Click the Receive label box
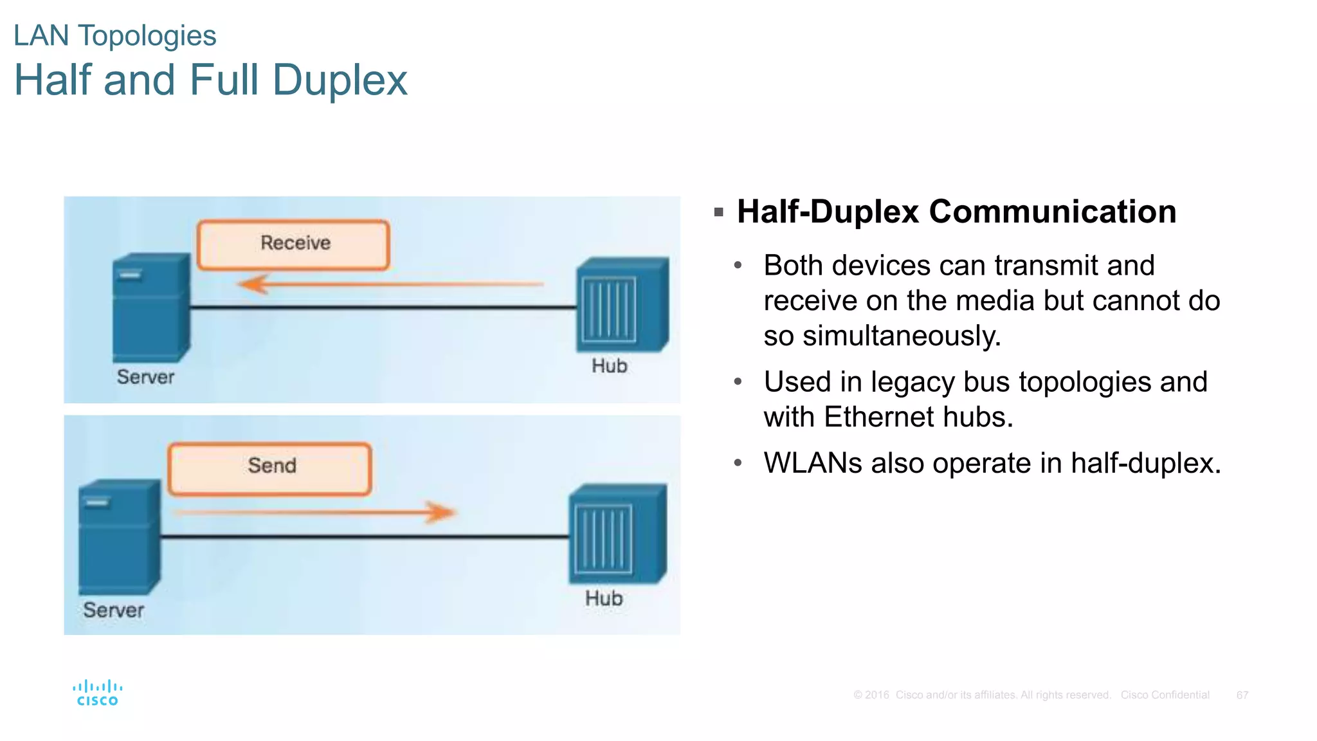click(293, 244)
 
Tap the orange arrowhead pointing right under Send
click(441, 512)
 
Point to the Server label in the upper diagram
click(145, 377)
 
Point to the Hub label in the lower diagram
click(603, 598)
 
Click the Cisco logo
click(98, 693)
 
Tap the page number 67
click(1242, 695)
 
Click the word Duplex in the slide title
click(340, 80)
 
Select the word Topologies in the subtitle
click(147, 35)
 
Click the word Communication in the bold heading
click(1052, 212)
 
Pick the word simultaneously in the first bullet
click(901, 336)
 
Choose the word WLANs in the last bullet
click(812, 463)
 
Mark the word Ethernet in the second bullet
click(878, 417)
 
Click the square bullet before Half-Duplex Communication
click(719, 212)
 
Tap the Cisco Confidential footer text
click(1165, 695)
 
